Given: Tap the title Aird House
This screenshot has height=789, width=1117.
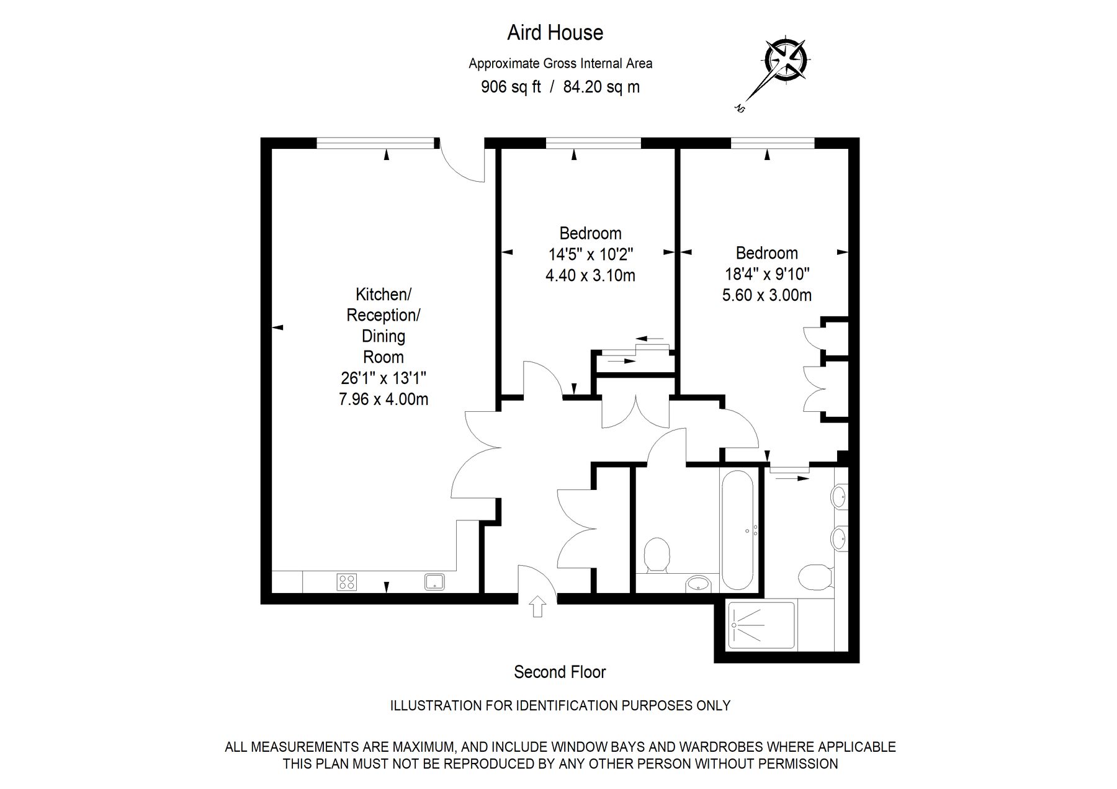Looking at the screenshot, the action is pos(555,32).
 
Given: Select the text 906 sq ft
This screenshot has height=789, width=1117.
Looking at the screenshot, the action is pos(511,87).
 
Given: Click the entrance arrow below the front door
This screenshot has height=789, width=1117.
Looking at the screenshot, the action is pos(537,607).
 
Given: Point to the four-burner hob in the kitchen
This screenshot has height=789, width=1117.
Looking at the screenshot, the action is pos(347,582).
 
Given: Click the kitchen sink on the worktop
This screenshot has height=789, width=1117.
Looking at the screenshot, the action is pos(434,581).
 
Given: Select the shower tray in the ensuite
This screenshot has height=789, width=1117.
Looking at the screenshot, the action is pos(761,625).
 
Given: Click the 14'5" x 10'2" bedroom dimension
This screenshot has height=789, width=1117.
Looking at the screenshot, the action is pos(590,254).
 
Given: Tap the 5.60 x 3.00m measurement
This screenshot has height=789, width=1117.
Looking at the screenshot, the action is pos(767,295).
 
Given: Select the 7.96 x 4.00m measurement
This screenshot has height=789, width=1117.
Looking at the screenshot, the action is pos(384,399).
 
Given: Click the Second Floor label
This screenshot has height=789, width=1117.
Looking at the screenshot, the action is pos(560,672).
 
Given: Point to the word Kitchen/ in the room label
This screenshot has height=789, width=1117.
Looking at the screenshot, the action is pos(384,293).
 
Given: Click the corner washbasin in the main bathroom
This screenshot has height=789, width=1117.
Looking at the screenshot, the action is pos(700,583).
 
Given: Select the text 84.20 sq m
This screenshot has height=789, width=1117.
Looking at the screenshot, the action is pos(601,87).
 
